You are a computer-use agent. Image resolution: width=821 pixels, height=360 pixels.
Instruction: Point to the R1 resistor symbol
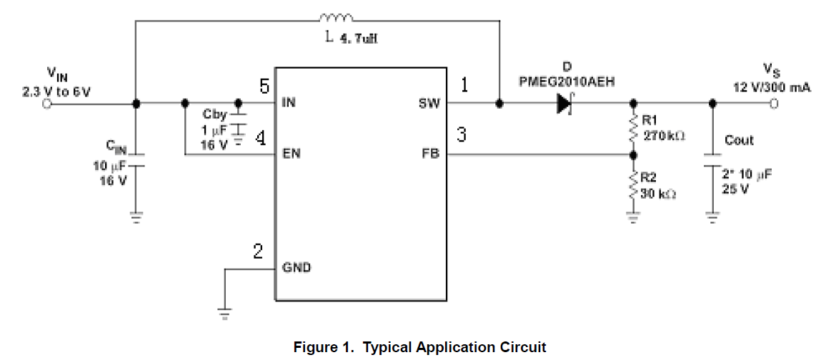[632, 128]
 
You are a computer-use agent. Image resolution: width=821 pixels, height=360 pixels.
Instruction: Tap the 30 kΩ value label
[658, 194]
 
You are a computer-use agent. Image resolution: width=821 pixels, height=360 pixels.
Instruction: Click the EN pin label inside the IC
[291, 154]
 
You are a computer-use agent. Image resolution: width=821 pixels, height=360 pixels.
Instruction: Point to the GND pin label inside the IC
[297, 269]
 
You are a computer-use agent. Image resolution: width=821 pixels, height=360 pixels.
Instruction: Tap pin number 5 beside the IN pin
[264, 87]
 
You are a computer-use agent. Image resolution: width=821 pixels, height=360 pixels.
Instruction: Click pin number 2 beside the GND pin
[258, 251]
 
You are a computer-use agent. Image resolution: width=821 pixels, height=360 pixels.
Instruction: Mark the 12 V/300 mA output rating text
[772, 87]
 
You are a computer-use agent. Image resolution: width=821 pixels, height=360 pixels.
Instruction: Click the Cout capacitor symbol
[711, 159]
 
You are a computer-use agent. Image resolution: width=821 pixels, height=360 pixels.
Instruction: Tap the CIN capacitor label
[116, 147]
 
